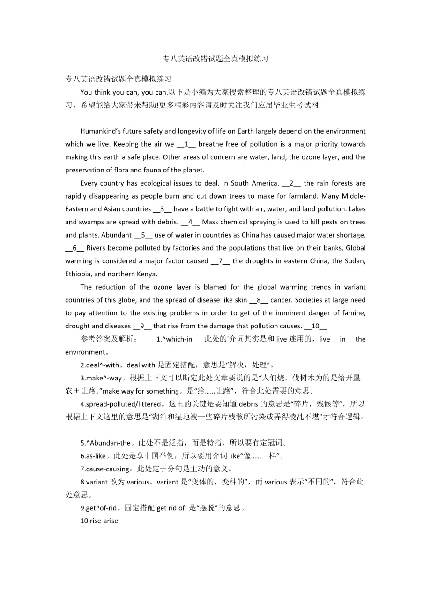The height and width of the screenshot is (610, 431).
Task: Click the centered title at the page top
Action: tap(215, 59)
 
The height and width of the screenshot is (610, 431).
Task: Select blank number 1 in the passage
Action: tap(186, 144)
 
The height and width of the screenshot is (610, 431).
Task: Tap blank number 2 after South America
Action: tap(291, 183)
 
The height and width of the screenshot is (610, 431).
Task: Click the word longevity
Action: tap(191, 131)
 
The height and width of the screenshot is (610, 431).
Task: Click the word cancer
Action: tap(282, 300)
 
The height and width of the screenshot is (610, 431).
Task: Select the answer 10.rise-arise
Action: tap(99, 520)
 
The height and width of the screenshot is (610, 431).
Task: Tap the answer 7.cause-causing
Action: tap(105, 469)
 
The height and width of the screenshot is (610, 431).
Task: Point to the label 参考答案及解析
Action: tap(108, 339)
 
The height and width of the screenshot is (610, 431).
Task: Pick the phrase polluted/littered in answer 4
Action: tap(135, 403)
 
